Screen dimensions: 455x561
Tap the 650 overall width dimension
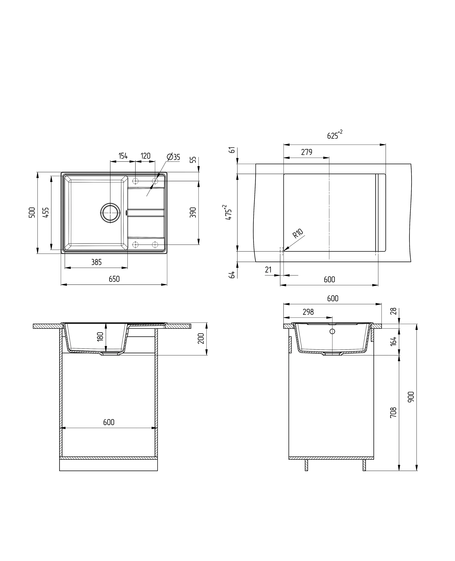(x=114, y=279)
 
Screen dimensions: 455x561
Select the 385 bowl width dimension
(x=96, y=262)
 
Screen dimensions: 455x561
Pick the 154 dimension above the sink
(x=123, y=156)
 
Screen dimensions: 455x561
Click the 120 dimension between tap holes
(x=146, y=156)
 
